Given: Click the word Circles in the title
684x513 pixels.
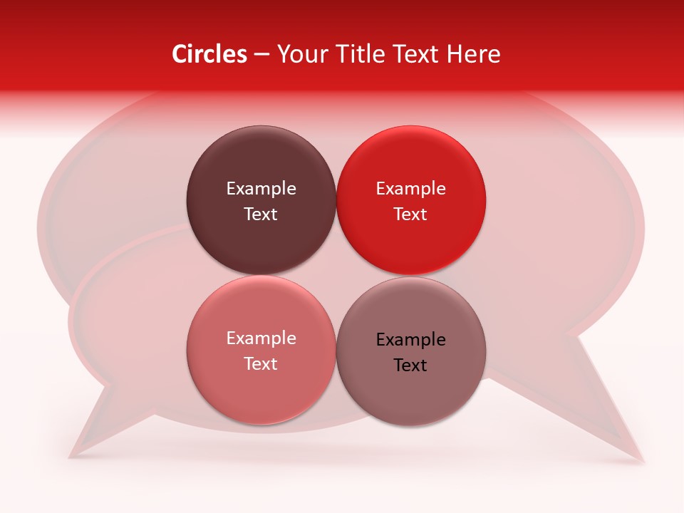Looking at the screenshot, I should pyautogui.click(x=209, y=54).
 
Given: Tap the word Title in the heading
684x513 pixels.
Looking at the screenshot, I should pyautogui.click(x=350, y=54).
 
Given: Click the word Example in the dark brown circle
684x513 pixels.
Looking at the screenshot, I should pyautogui.click(x=261, y=189).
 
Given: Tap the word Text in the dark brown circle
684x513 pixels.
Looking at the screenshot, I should pyautogui.click(x=261, y=214).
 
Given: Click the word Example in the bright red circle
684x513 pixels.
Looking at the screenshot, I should pyautogui.click(x=411, y=189).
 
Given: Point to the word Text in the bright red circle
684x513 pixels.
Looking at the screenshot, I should pyautogui.click(x=411, y=214).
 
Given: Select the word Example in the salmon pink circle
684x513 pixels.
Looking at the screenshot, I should pyautogui.click(x=261, y=338).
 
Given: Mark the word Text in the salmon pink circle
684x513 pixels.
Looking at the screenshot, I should pyautogui.click(x=261, y=364).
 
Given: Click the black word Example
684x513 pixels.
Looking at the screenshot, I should pyautogui.click(x=411, y=340).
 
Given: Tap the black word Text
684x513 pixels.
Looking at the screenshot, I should pyautogui.click(x=411, y=366).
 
